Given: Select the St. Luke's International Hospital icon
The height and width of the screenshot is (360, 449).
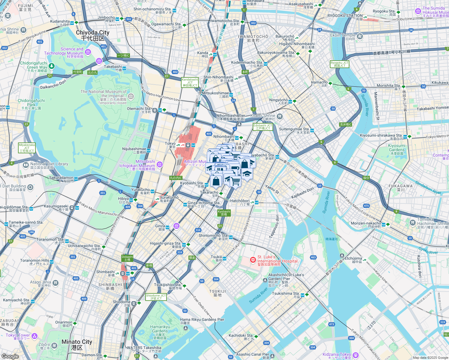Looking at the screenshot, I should (x=253, y=259).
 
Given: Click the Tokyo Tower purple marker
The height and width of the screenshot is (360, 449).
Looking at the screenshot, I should (x=35, y=336).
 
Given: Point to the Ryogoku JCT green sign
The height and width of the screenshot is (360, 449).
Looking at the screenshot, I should (x=339, y=64).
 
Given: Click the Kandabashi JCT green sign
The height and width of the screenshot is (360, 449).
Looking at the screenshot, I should (x=190, y=82).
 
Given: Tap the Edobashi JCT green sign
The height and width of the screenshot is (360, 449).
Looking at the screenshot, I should (x=263, y=127).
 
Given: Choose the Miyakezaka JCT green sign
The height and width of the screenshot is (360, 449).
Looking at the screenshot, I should (x=27, y=148).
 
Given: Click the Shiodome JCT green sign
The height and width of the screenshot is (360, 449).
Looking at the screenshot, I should (x=156, y=297).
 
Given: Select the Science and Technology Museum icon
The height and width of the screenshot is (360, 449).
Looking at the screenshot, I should (x=88, y=52).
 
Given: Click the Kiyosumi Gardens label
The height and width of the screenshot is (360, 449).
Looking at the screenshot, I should (x=396, y=149).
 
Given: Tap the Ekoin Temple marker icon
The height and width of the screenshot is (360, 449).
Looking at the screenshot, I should (x=360, y=36).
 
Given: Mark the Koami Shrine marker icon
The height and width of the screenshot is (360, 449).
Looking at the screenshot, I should (x=279, y=116).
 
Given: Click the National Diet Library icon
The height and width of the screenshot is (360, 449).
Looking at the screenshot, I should (x=26, y=165).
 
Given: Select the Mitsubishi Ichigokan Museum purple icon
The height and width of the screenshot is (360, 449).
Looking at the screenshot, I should (x=160, y=164).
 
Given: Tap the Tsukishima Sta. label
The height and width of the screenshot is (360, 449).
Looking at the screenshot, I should (x=285, y=294).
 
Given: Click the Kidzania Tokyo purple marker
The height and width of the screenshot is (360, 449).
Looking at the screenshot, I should (x=356, y=355).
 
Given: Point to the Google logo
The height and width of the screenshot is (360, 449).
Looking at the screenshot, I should (x=10, y=356).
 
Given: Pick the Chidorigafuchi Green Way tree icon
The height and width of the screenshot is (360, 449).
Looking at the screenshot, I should (x=52, y=66).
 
